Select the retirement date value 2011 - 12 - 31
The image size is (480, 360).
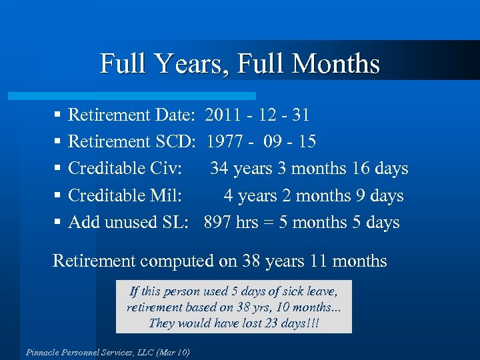(257, 115)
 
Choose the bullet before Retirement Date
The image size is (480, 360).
(58, 115)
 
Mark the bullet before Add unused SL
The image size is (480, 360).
(58, 223)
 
